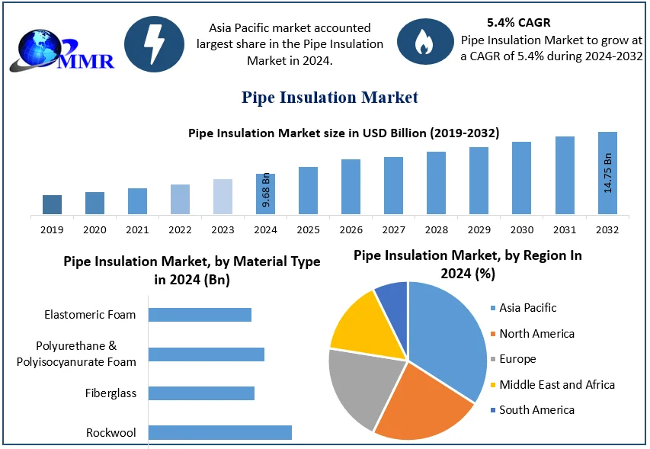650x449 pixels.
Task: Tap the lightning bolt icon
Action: [x=154, y=44]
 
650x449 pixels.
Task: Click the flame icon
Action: [x=423, y=43]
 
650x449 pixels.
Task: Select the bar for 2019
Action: [x=52, y=204]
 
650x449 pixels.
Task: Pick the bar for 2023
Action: [x=223, y=196]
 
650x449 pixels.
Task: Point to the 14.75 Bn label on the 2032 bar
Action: [x=608, y=173]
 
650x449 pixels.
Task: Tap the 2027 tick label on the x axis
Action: [x=393, y=229]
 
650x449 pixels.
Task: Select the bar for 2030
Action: [x=521, y=178]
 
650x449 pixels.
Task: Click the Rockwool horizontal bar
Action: [x=219, y=432]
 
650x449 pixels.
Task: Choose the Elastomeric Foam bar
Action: [x=200, y=315]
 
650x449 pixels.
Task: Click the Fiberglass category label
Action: [x=111, y=393]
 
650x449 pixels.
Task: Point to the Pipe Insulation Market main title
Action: [x=330, y=97]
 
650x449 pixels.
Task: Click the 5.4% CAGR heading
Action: [x=518, y=23]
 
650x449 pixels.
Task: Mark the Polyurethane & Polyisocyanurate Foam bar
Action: [x=206, y=354]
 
